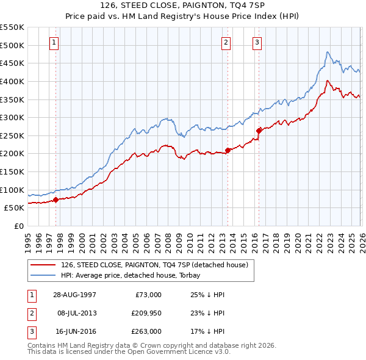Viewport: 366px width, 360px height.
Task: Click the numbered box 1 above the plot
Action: point(56,43)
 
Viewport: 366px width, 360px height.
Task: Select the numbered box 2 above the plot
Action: point(226,43)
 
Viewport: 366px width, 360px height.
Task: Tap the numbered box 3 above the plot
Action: point(257,43)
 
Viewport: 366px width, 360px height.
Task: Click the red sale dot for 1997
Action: point(56,199)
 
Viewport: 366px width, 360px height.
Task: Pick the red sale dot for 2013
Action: point(227,149)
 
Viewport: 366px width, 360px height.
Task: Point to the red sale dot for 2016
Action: point(259,130)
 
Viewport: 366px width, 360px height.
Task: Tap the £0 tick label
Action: point(18,226)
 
